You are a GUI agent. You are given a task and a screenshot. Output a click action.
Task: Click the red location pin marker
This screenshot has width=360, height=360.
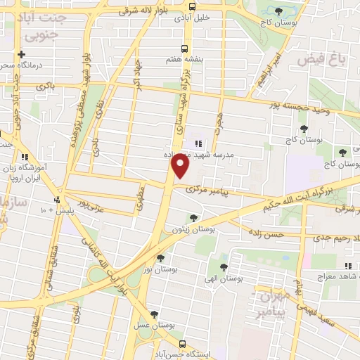[x=181, y=167]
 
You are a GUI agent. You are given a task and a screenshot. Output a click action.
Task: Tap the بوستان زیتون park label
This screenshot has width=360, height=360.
[x=193, y=229]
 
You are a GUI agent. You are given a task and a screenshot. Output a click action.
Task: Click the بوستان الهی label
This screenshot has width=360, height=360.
[x=224, y=279]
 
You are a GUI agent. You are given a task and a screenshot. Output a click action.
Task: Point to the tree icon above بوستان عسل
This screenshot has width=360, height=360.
[x=155, y=314]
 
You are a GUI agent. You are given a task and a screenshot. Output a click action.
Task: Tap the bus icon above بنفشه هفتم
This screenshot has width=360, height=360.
[x=184, y=49]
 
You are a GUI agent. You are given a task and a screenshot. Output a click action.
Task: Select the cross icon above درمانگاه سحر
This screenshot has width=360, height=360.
[x=21, y=54]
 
